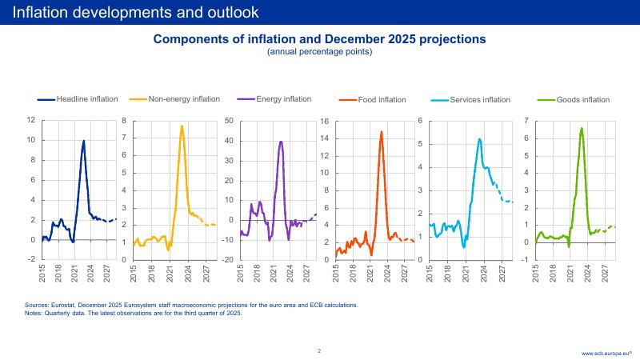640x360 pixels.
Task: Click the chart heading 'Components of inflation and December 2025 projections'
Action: (x=319, y=38)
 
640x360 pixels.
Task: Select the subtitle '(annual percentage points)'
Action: (x=319, y=51)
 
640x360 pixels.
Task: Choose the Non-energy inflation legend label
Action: (x=184, y=99)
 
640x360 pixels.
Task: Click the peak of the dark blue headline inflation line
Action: (x=84, y=141)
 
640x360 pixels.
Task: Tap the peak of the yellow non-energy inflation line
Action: (x=182, y=126)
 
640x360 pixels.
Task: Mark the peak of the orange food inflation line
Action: (x=381, y=132)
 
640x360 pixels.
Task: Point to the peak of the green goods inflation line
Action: (x=582, y=128)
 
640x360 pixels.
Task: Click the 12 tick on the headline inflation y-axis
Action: (x=31, y=121)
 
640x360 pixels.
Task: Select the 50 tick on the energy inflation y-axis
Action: (x=228, y=121)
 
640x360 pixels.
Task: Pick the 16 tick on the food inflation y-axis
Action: (x=326, y=122)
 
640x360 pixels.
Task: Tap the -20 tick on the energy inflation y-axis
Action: (x=227, y=260)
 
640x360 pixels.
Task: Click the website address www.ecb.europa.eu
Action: (x=607, y=352)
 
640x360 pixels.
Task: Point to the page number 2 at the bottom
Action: (x=319, y=350)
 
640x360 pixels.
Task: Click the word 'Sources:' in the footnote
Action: (x=36, y=305)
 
